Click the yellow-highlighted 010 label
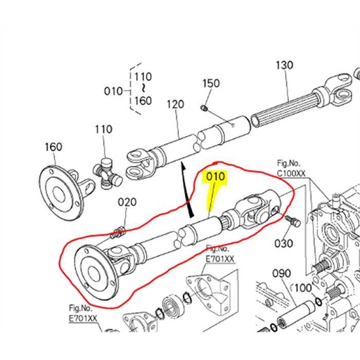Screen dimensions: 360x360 [x=215, y=177]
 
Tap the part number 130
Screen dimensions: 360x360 [x=284, y=65]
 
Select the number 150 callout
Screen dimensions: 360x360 [x=211, y=83]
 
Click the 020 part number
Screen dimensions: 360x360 [x=127, y=202]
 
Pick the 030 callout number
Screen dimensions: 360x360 [x=283, y=243]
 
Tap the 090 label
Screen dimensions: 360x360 [x=281, y=273]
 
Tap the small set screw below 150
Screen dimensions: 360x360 [x=203, y=108]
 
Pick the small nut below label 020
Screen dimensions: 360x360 [x=119, y=229]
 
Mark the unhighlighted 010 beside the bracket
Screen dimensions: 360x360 [x=112, y=91]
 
